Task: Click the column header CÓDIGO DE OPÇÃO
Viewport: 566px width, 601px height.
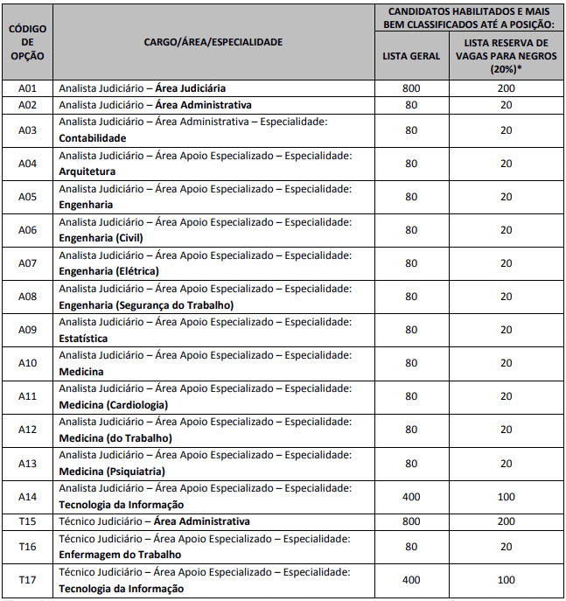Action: point(28,42)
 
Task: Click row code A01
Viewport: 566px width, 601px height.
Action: point(28,88)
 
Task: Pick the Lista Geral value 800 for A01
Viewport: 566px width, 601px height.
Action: point(411,88)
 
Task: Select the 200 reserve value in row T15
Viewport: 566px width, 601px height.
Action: point(507,521)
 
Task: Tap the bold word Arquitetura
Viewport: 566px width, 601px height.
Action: point(87,171)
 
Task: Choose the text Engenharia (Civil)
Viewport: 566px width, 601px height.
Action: point(101,238)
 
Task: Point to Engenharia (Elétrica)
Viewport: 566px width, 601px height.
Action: point(108,271)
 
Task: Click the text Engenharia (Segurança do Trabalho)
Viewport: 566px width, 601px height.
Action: point(146,305)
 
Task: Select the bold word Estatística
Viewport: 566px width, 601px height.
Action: point(83,339)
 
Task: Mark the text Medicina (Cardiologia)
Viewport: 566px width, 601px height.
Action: point(113,405)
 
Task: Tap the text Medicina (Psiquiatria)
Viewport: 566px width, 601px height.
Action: point(111,472)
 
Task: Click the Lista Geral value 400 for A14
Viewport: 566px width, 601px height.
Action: point(411,497)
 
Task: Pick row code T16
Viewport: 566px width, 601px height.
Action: point(28,547)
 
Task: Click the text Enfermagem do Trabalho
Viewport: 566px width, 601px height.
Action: point(120,555)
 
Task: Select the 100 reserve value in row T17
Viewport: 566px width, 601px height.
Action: point(507,580)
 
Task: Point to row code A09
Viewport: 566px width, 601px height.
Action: point(28,330)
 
